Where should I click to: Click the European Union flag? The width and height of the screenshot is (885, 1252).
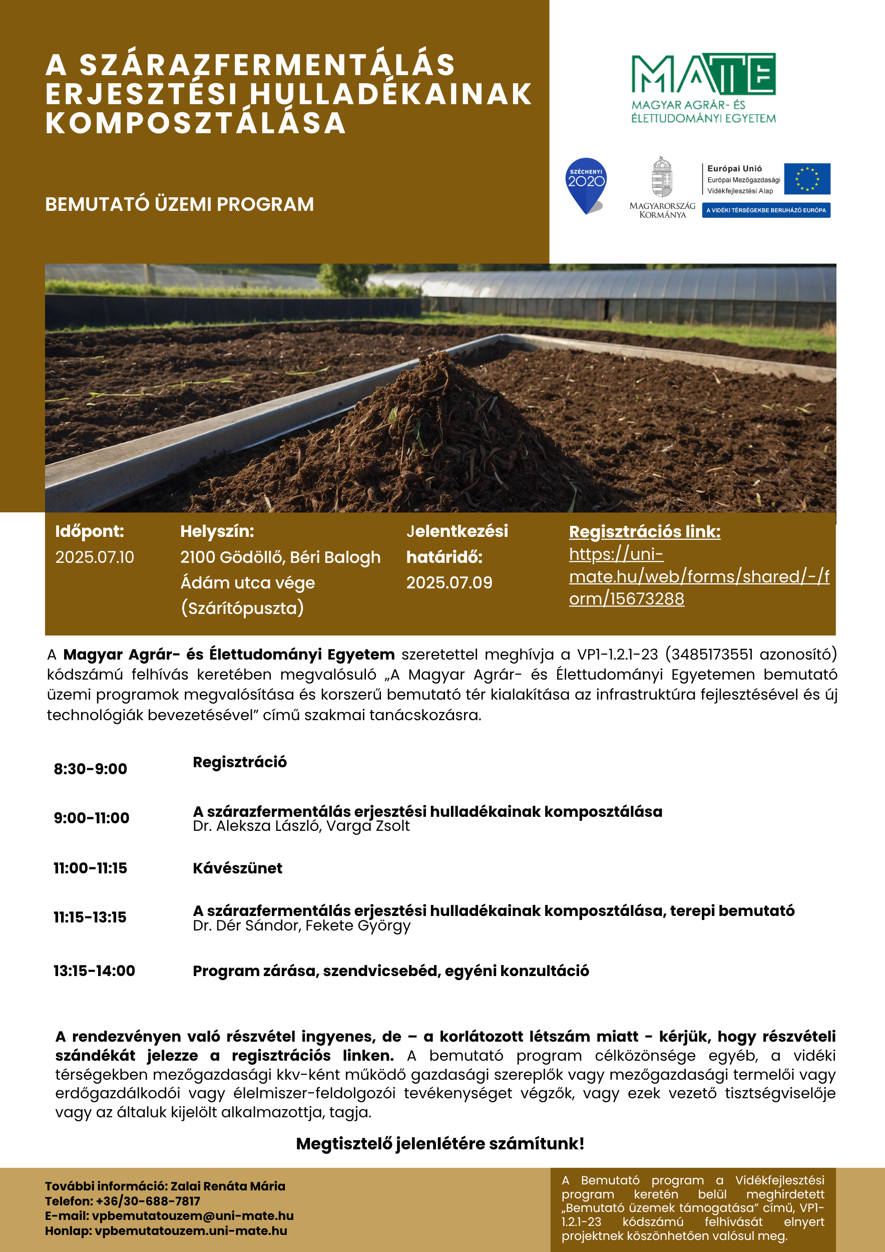point(807,178)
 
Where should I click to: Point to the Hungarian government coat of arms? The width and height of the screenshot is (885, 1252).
point(662,177)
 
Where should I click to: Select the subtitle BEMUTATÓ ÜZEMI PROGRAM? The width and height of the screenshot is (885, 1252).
point(179,204)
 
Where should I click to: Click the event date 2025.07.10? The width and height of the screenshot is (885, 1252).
point(94,557)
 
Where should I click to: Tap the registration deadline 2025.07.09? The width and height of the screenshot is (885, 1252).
point(449,582)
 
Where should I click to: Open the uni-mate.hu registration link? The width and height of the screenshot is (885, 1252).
point(699,576)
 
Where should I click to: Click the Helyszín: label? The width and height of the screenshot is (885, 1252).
point(217,531)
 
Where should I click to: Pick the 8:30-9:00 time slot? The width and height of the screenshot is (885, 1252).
point(90,769)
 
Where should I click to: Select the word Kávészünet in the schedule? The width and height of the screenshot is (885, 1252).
point(238,868)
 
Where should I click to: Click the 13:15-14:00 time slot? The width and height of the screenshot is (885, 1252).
point(94,971)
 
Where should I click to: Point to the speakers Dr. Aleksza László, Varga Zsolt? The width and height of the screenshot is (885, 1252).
point(301,826)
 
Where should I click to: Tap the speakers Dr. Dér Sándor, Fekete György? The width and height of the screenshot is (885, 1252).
point(301,925)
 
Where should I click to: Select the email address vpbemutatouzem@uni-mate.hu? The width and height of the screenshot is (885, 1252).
point(192,1215)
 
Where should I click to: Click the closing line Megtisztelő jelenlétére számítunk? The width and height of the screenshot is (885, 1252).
point(440,1143)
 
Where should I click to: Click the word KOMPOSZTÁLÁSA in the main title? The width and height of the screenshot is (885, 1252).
point(196,123)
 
